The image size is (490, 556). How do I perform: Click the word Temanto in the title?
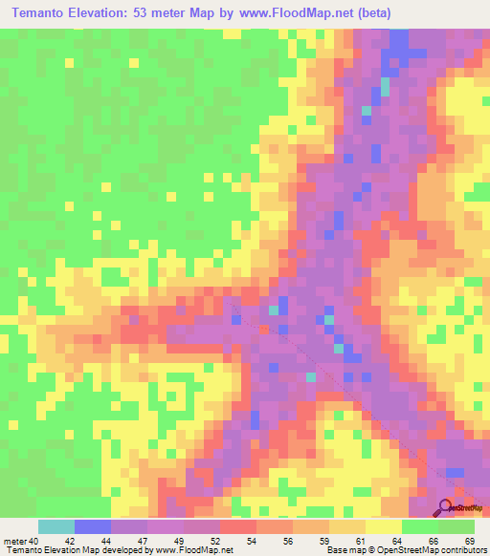49,13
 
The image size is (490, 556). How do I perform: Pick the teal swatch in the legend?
56,527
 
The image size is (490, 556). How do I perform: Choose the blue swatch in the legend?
93,527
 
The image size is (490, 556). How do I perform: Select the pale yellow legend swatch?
384,527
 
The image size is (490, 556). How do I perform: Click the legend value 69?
469,541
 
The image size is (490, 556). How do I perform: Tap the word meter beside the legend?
14,541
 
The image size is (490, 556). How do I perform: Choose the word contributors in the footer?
462,550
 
